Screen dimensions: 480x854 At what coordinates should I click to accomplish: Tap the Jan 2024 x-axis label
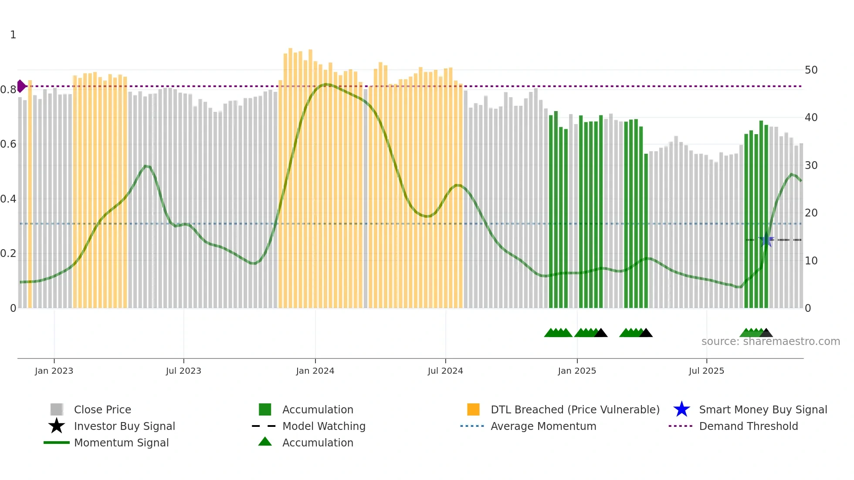[x=315, y=371]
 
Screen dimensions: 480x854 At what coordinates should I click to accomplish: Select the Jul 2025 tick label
[x=706, y=371]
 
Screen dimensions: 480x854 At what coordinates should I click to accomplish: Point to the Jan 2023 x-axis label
[x=54, y=371]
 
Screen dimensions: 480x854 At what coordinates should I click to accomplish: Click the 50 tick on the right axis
[x=811, y=70]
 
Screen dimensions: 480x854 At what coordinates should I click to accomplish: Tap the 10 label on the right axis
[x=811, y=261]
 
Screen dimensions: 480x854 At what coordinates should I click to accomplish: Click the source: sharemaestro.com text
[x=770, y=341]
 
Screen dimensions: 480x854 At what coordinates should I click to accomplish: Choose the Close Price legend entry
[x=102, y=410]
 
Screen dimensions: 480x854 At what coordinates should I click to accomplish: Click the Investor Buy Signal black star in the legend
[x=57, y=426]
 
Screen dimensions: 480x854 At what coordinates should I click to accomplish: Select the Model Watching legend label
[x=324, y=426]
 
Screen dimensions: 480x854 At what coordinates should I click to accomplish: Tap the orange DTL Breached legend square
[x=473, y=409]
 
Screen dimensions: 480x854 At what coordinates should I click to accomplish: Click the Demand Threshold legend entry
[x=748, y=426]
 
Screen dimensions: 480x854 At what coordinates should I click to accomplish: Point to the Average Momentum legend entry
[x=543, y=426]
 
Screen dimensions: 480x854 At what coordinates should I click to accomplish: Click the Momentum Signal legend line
[x=57, y=443]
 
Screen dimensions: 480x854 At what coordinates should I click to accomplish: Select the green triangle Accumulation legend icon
[x=265, y=442]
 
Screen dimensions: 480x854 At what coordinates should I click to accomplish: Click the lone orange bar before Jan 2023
[x=30, y=194]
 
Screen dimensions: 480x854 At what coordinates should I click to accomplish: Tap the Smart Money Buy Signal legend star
[x=681, y=409]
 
